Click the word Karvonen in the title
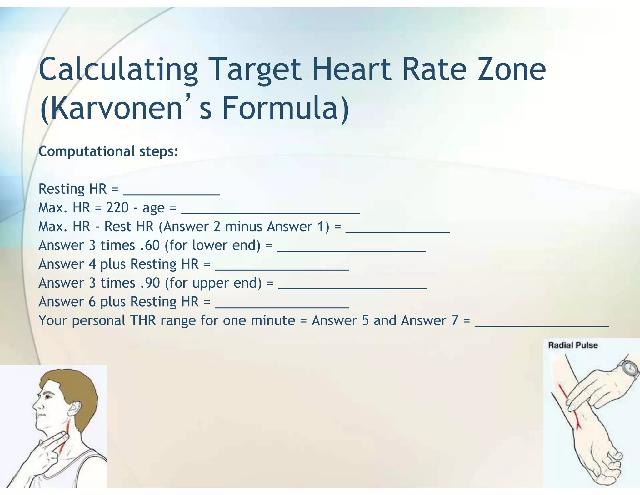pos(111,108)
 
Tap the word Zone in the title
pos(511,69)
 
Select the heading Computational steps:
pos(108,151)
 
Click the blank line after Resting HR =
pos(171,191)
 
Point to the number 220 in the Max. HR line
pos(117,208)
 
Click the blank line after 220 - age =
pos(270,210)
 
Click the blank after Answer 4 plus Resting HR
pos(282,266)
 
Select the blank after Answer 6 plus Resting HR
pos(282,304)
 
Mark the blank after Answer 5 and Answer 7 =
pos(541,322)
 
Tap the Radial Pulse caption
pos(573,345)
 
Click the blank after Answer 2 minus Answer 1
pos(397,228)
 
